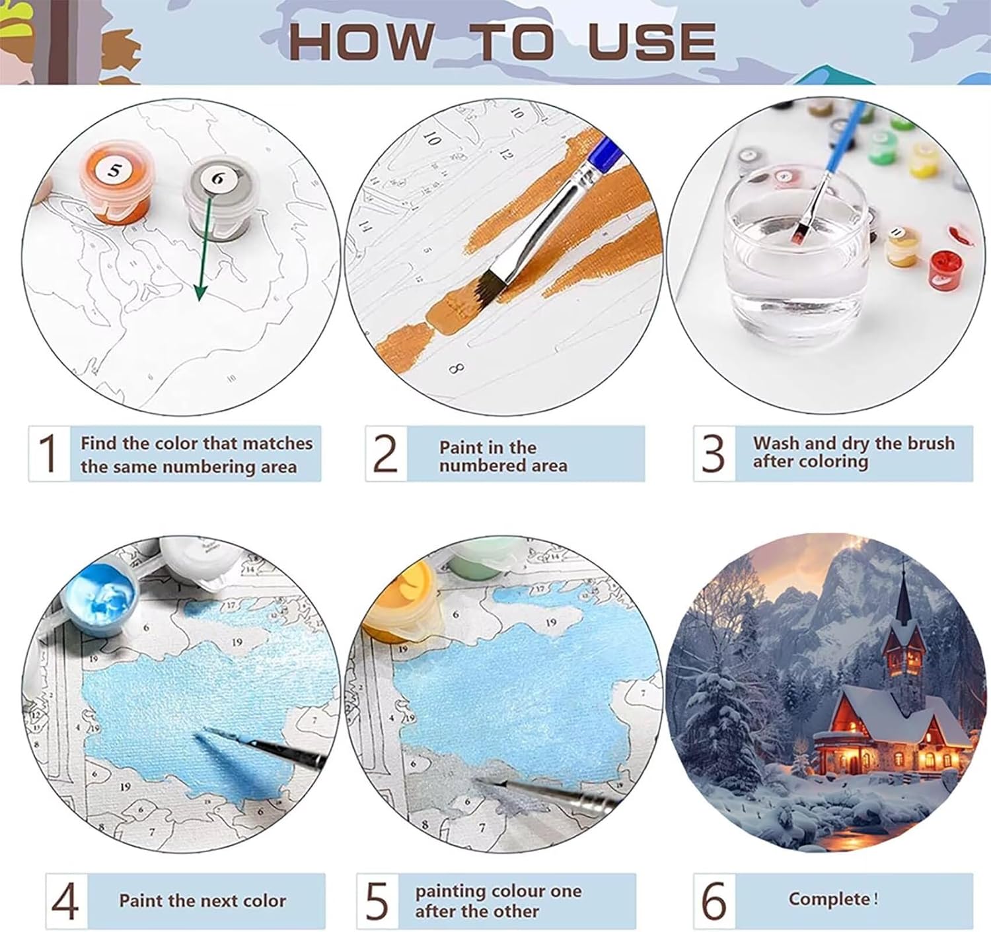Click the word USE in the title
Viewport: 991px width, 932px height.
click(652, 42)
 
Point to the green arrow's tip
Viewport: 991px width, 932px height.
click(200, 300)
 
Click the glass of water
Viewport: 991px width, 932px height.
click(796, 250)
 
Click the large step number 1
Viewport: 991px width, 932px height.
click(49, 453)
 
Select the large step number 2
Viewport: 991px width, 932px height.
click(385, 453)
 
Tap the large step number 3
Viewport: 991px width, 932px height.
click(713, 453)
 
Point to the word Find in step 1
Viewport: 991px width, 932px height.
click(98, 443)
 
